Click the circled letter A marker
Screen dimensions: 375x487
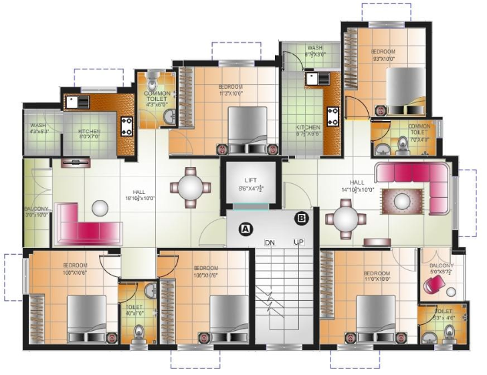click(x=246, y=228)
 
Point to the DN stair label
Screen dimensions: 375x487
click(x=270, y=241)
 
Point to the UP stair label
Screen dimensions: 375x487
click(x=299, y=241)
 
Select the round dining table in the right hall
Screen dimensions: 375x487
click(x=346, y=219)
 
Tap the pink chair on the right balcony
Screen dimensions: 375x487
click(x=434, y=285)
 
